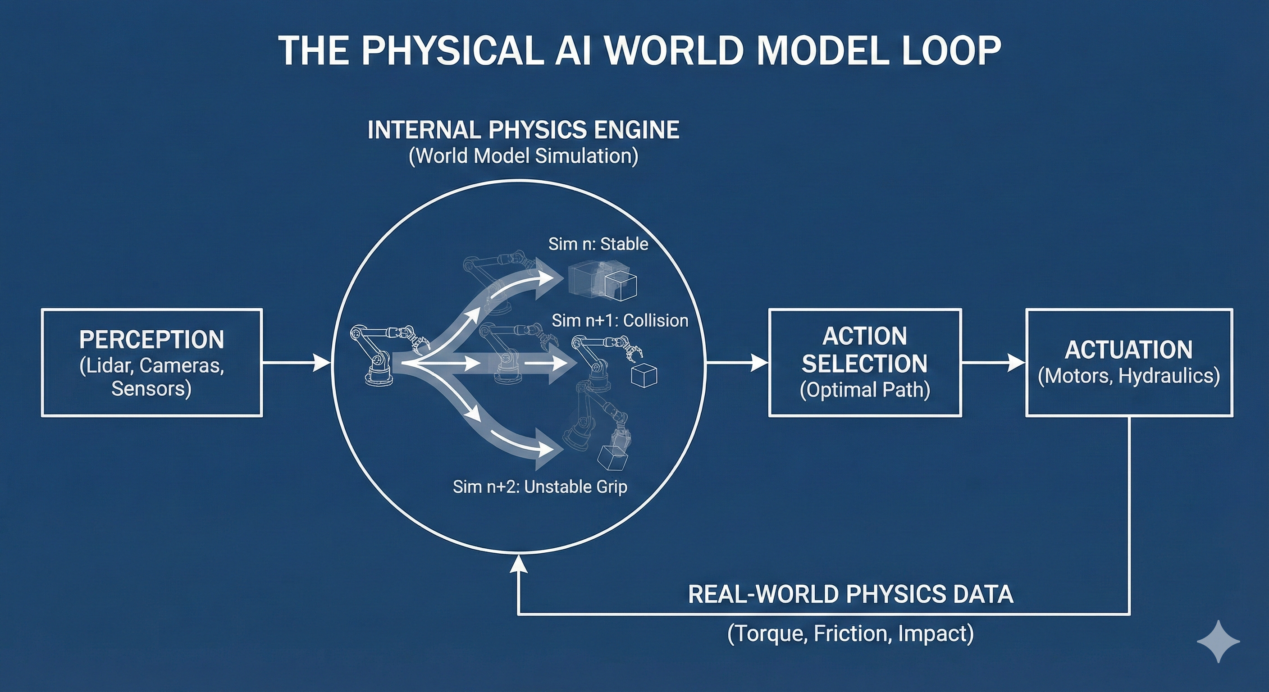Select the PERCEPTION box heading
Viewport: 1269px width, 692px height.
coord(152,339)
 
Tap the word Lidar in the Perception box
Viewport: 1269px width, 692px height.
coord(105,365)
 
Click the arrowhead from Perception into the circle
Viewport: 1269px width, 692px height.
coord(322,364)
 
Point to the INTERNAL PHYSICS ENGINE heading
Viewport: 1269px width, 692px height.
coord(523,130)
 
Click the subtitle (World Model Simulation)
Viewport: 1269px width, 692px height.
coord(523,156)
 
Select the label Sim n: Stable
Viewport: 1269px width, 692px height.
coord(598,244)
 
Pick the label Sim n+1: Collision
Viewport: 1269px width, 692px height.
coord(620,321)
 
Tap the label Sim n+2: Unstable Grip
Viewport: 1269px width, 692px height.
coord(540,487)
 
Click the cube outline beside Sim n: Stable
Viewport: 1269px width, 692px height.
coord(621,287)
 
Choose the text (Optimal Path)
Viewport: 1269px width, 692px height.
coord(865,390)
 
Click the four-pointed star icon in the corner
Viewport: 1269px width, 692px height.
coord(1218,641)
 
